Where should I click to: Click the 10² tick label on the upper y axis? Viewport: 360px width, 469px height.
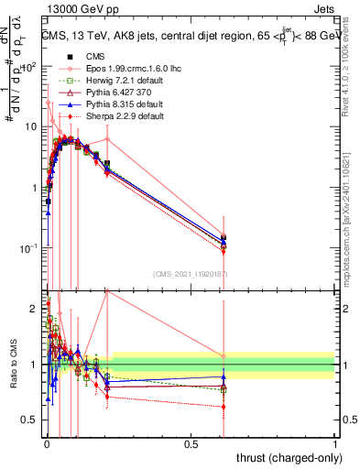(30, 66)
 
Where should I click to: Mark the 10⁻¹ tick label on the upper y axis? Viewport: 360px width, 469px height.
(30, 247)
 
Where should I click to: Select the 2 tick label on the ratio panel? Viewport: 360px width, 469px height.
(34, 308)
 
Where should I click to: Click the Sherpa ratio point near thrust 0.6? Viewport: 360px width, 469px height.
(224, 406)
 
